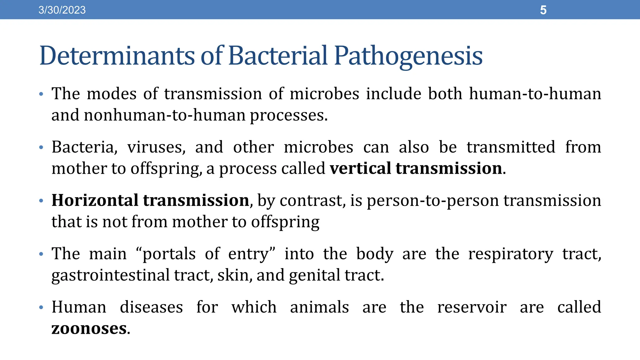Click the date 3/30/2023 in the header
(62, 10)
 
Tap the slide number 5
(543, 10)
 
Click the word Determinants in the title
(117, 56)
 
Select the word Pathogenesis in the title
(408, 56)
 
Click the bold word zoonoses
(89, 329)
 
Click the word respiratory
(510, 254)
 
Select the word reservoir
(472, 307)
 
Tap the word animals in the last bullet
(319, 307)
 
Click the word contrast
(313, 201)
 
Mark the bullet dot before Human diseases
(41, 307)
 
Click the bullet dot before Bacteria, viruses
(41, 147)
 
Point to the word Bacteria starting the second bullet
(84, 147)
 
